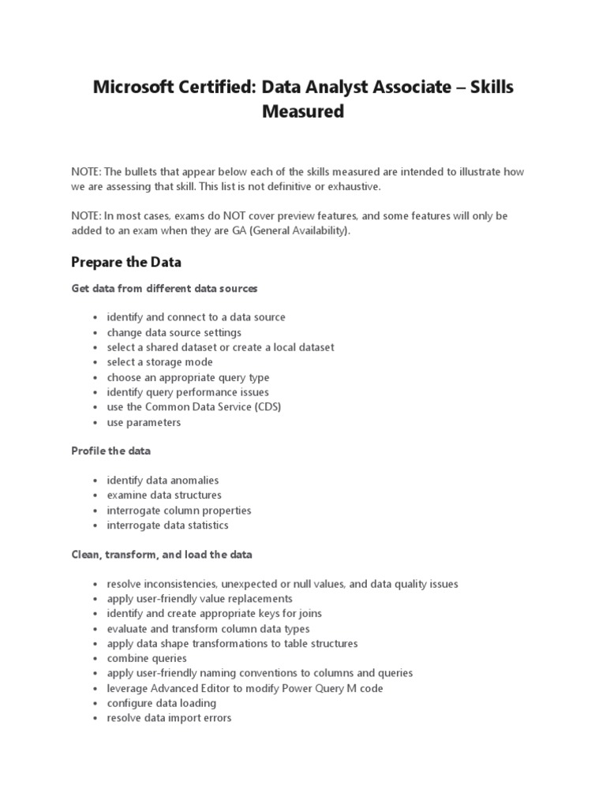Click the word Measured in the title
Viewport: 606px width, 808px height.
(x=303, y=112)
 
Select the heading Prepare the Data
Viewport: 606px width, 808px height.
(x=126, y=262)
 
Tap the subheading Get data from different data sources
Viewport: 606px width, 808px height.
(x=164, y=288)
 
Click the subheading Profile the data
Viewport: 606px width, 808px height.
(x=110, y=451)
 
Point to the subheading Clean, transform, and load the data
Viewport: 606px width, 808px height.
(x=162, y=555)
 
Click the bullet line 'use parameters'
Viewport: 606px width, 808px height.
(x=144, y=422)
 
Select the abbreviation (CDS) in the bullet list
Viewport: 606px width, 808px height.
(x=263, y=407)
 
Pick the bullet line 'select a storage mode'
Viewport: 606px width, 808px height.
(x=160, y=362)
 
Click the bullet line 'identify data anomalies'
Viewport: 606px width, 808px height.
(x=163, y=480)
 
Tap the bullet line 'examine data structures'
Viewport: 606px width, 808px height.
(x=164, y=495)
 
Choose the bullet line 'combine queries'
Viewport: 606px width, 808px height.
(x=147, y=658)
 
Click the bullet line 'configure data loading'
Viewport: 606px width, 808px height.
(x=161, y=703)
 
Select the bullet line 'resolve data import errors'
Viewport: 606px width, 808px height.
(x=169, y=718)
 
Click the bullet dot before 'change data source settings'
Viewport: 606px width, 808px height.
(x=95, y=333)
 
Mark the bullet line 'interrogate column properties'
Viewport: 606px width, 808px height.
(x=179, y=510)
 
